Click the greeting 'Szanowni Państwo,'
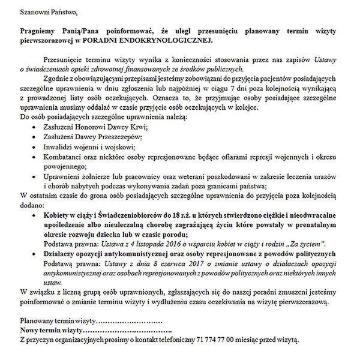click(x=48, y=12)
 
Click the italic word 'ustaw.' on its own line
click(x=53, y=281)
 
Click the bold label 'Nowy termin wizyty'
click(x=50, y=330)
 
